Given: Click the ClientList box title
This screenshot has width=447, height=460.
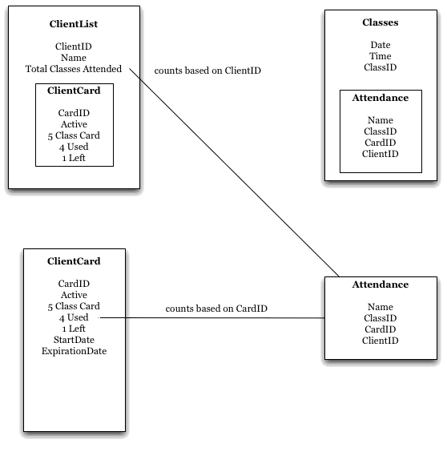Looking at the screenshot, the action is [74, 24].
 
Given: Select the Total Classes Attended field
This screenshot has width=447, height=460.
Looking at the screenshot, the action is [74, 69].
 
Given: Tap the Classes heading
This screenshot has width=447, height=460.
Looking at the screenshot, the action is [381, 22].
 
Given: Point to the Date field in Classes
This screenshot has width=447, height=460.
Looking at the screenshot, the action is [381, 45].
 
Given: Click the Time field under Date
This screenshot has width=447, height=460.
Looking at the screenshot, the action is [381, 56].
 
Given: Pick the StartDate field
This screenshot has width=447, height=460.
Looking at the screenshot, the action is [74, 340].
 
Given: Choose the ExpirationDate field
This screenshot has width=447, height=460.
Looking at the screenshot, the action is [74, 351].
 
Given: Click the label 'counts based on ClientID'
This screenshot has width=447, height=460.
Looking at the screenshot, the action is [207, 71].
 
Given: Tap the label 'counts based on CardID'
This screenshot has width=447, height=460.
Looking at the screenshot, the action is [216, 309].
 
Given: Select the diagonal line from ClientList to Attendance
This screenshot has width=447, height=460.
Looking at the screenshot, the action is [234, 172].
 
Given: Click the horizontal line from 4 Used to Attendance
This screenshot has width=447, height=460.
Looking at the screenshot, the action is [211, 317].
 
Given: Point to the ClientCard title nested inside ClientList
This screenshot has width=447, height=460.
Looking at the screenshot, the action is [74, 91].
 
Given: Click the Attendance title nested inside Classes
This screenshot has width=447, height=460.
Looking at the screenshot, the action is [381, 98].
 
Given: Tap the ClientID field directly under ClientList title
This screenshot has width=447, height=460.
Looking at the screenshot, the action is [74, 46].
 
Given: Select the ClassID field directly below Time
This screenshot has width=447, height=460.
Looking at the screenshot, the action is [381, 67].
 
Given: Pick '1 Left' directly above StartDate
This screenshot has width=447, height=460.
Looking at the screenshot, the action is [74, 329].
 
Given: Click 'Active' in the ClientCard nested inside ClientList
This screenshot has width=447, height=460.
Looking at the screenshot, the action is [74, 124].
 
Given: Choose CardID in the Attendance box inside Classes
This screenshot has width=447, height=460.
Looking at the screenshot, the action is [381, 143].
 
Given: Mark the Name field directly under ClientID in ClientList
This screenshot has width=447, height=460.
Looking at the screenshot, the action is [74, 58].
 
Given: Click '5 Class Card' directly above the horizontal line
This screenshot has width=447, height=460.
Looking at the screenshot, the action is [74, 306].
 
